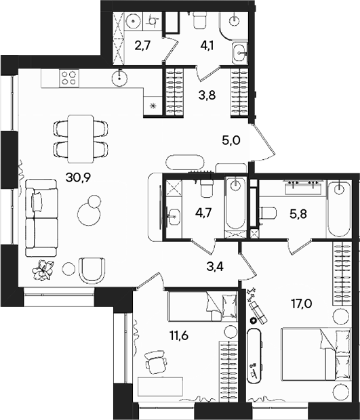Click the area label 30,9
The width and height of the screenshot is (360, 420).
click(79, 177)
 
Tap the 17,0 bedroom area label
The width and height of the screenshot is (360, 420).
click(302, 303)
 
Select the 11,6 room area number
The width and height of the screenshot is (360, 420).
click(179, 335)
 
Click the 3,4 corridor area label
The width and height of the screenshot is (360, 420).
click(216, 267)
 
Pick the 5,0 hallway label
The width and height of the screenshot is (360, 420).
click(231, 140)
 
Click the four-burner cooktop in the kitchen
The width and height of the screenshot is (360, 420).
click(69, 78)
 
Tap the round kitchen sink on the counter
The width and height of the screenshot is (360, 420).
click(120, 78)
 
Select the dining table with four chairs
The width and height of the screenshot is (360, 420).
click(81, 139)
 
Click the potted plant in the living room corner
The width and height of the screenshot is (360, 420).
click(42, 270)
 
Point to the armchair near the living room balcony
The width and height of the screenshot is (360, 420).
click(92, 270)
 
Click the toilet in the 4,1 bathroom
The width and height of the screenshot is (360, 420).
click(200, 20)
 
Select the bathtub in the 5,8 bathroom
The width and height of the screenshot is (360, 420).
click(339, 209)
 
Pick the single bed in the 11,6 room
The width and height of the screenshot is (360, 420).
click(203, 306)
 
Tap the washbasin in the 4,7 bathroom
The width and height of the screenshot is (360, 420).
click(174, 216)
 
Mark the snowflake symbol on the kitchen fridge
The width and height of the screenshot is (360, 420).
click(153, 106)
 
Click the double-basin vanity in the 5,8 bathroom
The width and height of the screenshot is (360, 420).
click(303, 187)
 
